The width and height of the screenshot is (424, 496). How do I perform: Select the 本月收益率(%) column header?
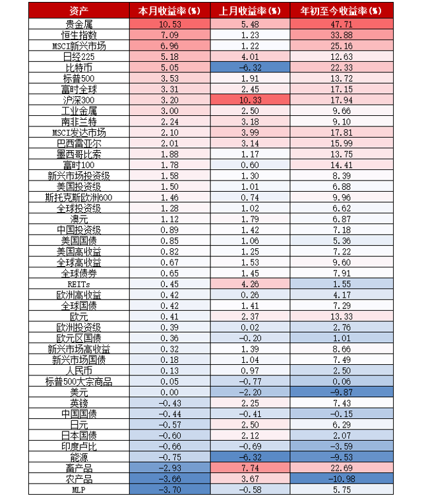169,11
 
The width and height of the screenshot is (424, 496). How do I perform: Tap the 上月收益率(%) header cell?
249,11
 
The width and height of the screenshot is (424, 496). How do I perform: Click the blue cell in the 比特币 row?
249,68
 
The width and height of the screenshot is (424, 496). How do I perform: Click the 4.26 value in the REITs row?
249,284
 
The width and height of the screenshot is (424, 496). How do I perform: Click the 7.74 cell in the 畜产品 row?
249,468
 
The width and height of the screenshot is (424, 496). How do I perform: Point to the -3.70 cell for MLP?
169,489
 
